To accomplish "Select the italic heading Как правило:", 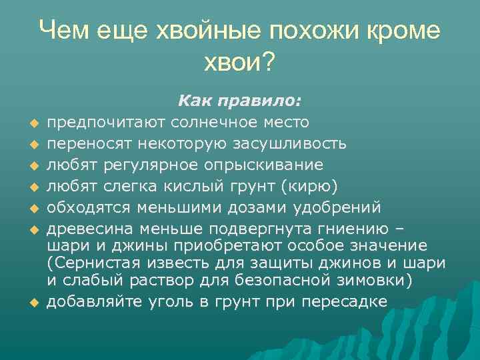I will pos(239,101).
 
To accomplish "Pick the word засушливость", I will pos(290,143).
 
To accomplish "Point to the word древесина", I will pos(93,229).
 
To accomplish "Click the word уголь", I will pos(173,301).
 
